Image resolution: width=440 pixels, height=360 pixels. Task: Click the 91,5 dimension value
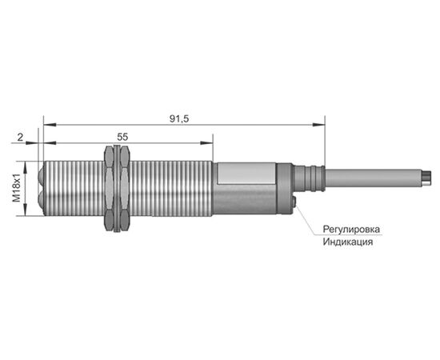179,119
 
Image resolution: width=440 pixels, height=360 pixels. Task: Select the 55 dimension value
122,138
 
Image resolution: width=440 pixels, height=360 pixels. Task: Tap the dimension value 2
20,138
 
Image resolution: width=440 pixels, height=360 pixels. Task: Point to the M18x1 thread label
17,188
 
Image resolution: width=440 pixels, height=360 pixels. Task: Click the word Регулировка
351,230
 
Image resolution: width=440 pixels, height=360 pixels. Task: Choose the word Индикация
348,242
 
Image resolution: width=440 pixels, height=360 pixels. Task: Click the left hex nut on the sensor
109,188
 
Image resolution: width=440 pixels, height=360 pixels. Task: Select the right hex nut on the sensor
124,188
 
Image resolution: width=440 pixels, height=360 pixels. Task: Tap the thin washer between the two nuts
117,188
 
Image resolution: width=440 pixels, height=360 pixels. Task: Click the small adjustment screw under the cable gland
294,202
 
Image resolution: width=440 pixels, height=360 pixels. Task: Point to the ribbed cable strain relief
309,178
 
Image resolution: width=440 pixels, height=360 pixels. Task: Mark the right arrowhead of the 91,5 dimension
318,125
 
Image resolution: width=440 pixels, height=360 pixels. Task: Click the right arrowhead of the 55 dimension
206,143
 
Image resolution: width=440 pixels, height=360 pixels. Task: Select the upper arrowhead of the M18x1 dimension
25,167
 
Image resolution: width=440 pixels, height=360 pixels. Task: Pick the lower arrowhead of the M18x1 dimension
25,210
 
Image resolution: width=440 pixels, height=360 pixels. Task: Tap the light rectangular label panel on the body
246,174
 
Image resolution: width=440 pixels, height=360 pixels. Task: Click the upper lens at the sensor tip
41,175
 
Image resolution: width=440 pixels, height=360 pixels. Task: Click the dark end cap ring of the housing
284,189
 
